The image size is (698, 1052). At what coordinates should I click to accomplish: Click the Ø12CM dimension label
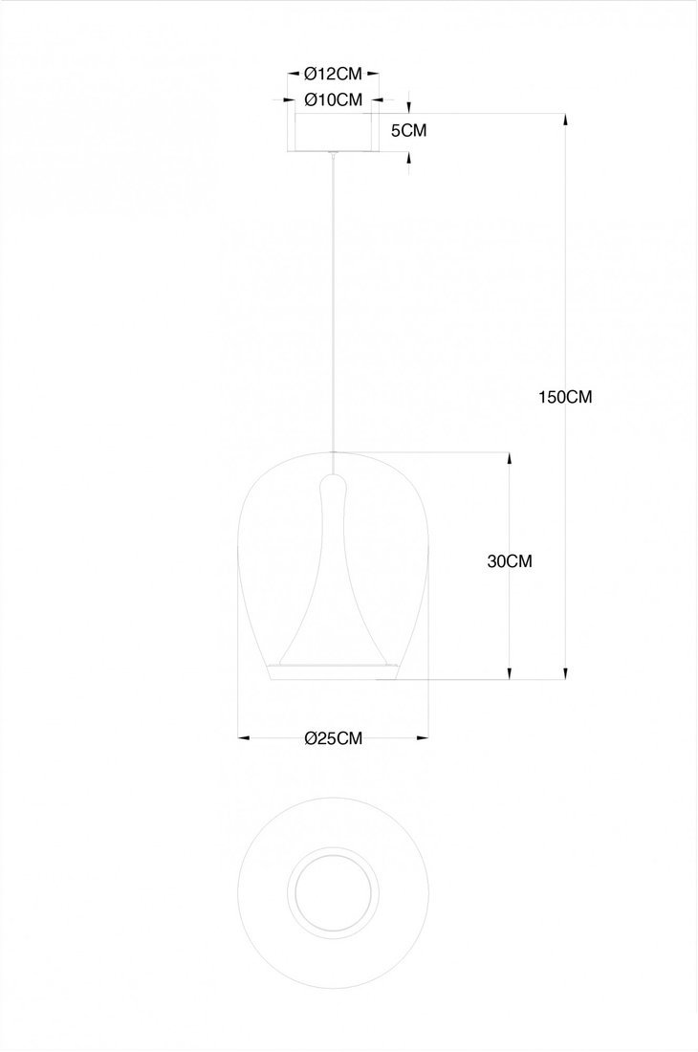coord(334,73)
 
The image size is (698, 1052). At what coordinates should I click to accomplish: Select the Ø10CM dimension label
coord(334,100)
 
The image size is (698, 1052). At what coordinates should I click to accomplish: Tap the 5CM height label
coord(408,130)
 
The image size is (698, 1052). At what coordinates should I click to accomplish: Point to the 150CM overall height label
coord(565,397)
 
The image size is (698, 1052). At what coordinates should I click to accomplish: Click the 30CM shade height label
coord(510,560)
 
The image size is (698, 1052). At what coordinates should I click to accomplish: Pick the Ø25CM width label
coord(334,738)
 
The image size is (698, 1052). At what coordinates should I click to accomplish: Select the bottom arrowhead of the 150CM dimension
coord(565,673)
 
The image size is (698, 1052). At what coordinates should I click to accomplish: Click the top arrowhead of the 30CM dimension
coord(510,457)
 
